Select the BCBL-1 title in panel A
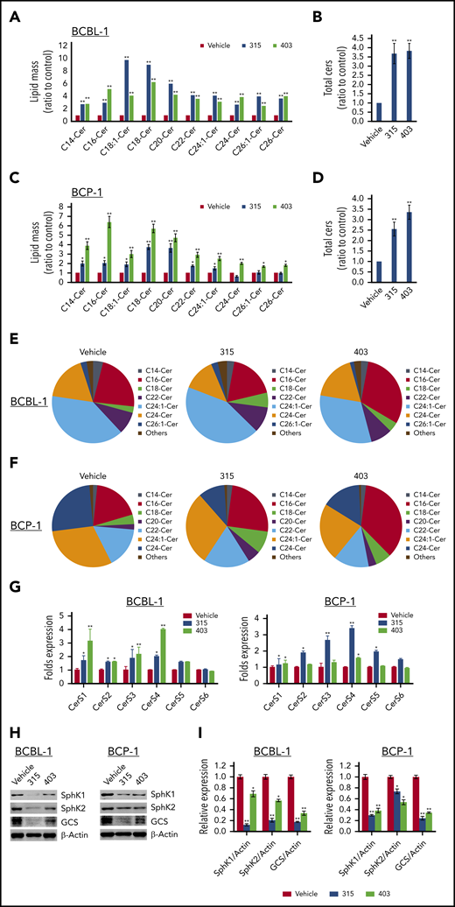click(91, 34)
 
